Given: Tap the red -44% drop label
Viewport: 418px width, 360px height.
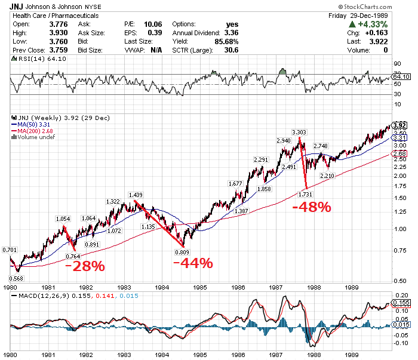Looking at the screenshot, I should click(x=192, y=263).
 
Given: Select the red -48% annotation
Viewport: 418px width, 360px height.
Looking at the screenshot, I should click(x=311, y=207).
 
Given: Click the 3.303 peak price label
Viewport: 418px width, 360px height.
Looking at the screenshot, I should click(x=299, y=131).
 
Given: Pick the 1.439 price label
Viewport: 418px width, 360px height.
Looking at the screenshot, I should click(x=136, y=195).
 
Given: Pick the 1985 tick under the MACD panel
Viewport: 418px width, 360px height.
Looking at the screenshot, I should click(x=200, y=353).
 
